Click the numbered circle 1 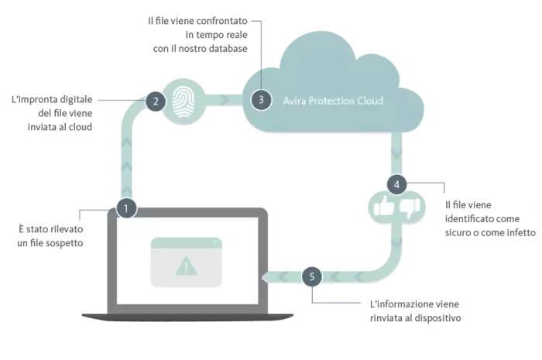tap(125, 207)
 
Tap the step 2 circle tap(156, 100)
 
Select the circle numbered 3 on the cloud tap(261, 100)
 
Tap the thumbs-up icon tap(384, 207)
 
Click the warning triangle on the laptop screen tap(186, 267)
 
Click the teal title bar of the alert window tap(185, 245)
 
